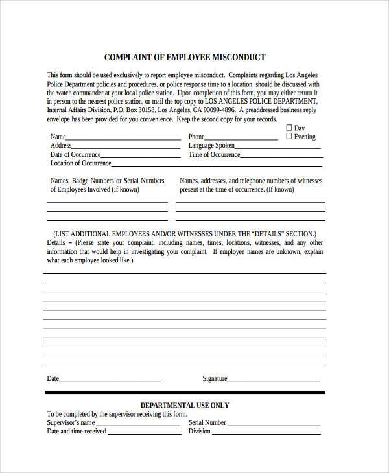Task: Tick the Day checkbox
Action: tap(289, 128)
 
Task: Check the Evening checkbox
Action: tap(289, 137)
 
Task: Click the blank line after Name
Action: tap(123, 139)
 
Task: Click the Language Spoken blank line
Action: tap(279, 148)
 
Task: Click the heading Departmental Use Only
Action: tap(185, 405)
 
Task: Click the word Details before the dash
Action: tap(55, 242)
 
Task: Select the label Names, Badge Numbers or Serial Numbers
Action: tap(107, 181)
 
